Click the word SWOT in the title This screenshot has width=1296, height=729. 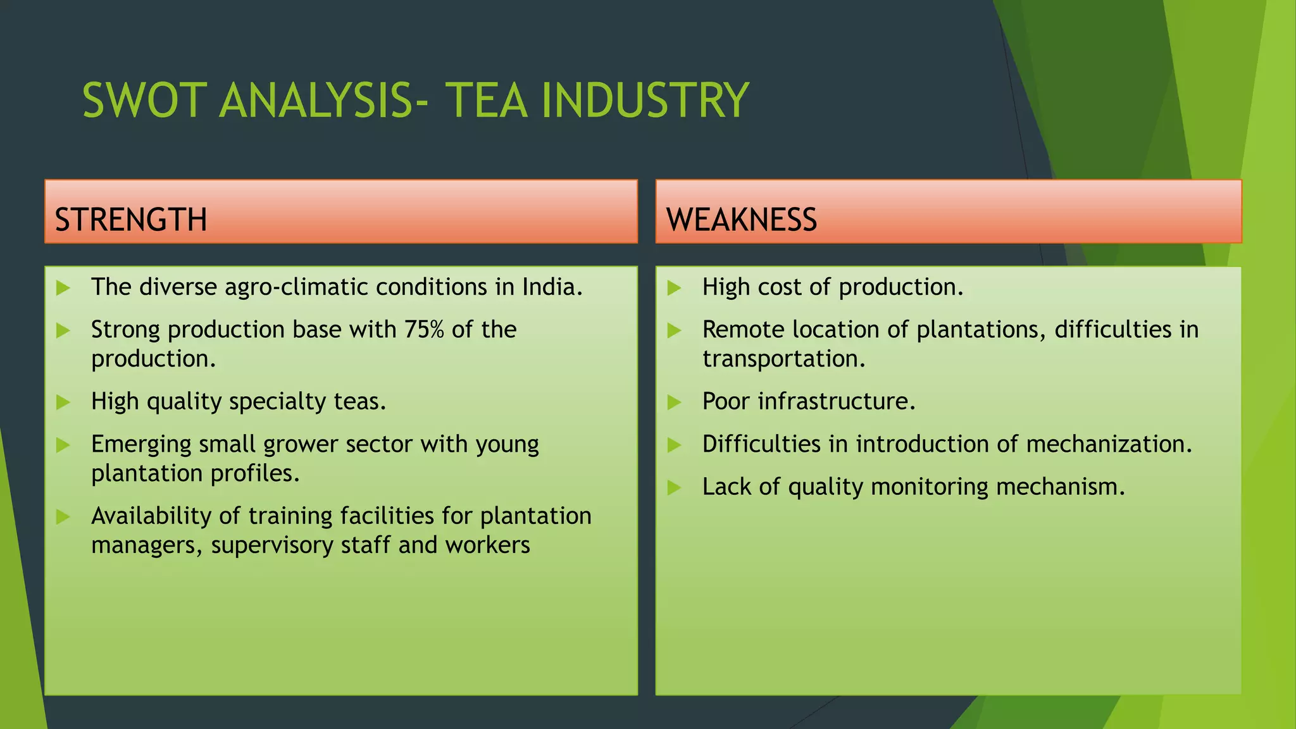(145, 101)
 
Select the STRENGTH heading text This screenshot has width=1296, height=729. (131, 220)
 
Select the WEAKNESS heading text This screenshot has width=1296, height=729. (741, 220)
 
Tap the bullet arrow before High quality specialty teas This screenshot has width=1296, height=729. (63, 402)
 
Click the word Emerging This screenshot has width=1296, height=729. (141, 445)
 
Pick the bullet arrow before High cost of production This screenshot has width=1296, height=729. (674, 288)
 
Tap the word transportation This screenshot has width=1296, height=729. (783, 359)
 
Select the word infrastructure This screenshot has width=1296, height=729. (836, 402)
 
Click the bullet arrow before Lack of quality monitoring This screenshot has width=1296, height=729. (674, 487)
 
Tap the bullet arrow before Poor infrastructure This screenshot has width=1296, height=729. (674, 402)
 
